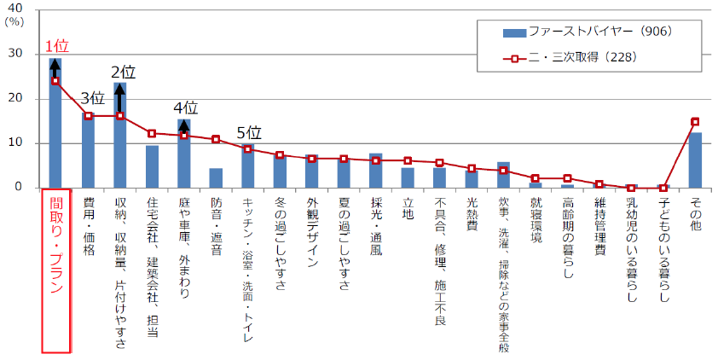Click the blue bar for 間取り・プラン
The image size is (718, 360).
coord(55,128)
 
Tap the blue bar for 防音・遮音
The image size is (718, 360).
coord(216,178)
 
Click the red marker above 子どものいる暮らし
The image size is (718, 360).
coord(663,188)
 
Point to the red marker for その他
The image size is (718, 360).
coord(695,122)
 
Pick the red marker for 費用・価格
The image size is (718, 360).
coord(88,116)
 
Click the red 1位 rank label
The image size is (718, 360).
coord(56,45)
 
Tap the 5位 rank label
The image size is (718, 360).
coord(247,133)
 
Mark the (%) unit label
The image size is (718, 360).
coord(15,23)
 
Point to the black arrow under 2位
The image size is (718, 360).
coord(120,98)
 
